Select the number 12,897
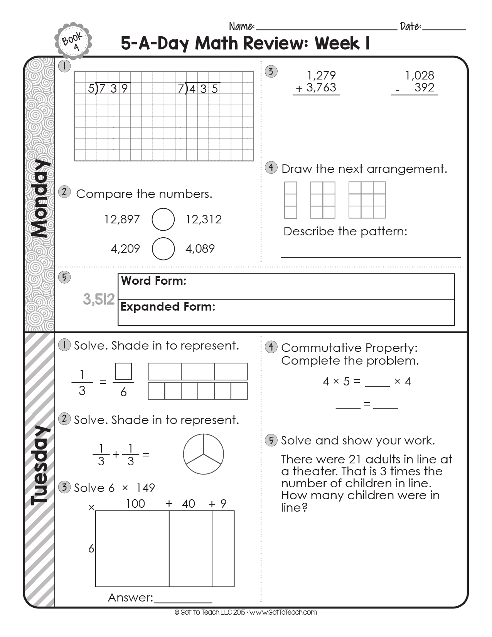click(x=122, y=220)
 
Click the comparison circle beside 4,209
click(x=163, y=248)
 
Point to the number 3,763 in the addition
click(x=321, y=88)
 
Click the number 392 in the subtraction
click(x=424, y=88)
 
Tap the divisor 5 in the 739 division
click(x=91, y=89)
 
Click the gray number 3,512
click(x=99, y=299)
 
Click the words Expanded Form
click(x=168, y=307)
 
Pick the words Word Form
click(x=153, y=281)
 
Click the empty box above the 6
click(x=123, y=371)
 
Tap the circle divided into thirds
click(x=203, y=454)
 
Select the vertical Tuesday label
click(x=40, y=465)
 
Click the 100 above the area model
click(x=135, y=504)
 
